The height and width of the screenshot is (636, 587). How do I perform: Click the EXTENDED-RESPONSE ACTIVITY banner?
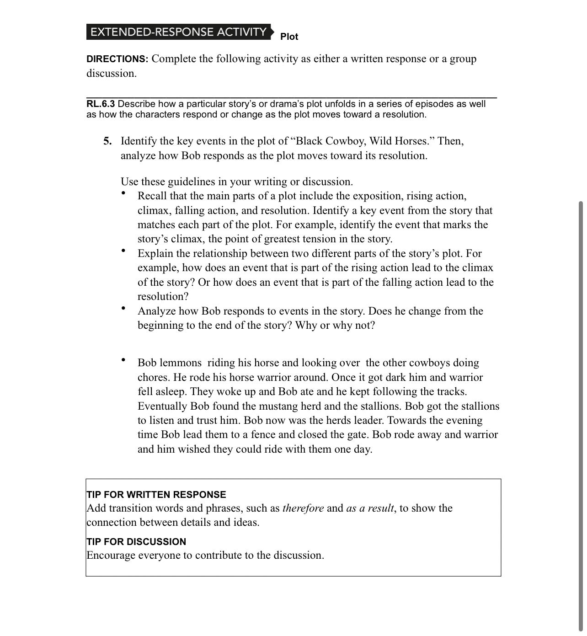pyautogui.click(x=178, y=32)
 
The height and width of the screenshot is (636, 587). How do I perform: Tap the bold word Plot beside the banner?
pyautogui.click(x=289, y=37)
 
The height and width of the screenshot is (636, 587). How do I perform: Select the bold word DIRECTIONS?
pyautogui.click(x=117, y=59)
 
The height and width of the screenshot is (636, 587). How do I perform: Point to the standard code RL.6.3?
pyautogui.click(x=101, y=104)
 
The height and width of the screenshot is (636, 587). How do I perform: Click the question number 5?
pyautogui.click(x=107, y=141)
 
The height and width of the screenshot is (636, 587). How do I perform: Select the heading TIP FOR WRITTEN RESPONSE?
pyautogui.click(x=156, y=495)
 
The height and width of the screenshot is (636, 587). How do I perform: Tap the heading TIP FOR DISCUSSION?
pyautogui.click(x=136, y=542)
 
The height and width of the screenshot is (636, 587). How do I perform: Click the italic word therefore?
pyautogui.click(x=303, y=508)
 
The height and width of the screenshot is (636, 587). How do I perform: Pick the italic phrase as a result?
pyautogui.click(x=370, y=508)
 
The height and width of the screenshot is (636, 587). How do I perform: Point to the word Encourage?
pyautogui.click(x=111, y=556)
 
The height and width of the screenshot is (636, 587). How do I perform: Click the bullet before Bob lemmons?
pyautogui.click(x=123, y=360)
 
